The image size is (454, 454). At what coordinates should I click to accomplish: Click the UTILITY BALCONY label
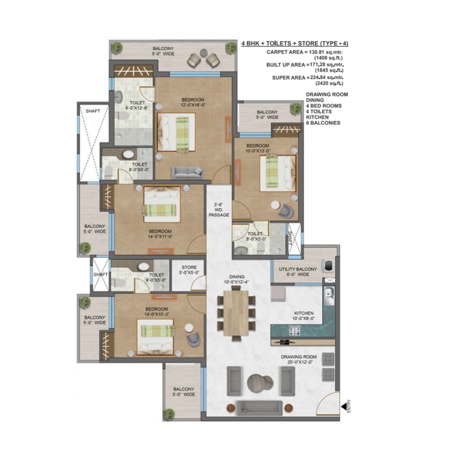click(x=298, y=271)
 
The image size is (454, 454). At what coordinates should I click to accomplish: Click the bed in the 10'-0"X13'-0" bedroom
click(x=277, y=173)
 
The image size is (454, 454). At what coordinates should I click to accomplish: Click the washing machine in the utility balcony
click(x=327, y=264)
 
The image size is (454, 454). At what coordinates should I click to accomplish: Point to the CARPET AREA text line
click(x=305, y=52)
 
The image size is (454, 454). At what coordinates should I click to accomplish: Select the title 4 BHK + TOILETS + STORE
click(x=295, y=44)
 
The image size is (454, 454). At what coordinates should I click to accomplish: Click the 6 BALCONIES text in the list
click(x=323, y=123)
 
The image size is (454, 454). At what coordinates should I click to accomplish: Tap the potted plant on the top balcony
click(x=118, y=47)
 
